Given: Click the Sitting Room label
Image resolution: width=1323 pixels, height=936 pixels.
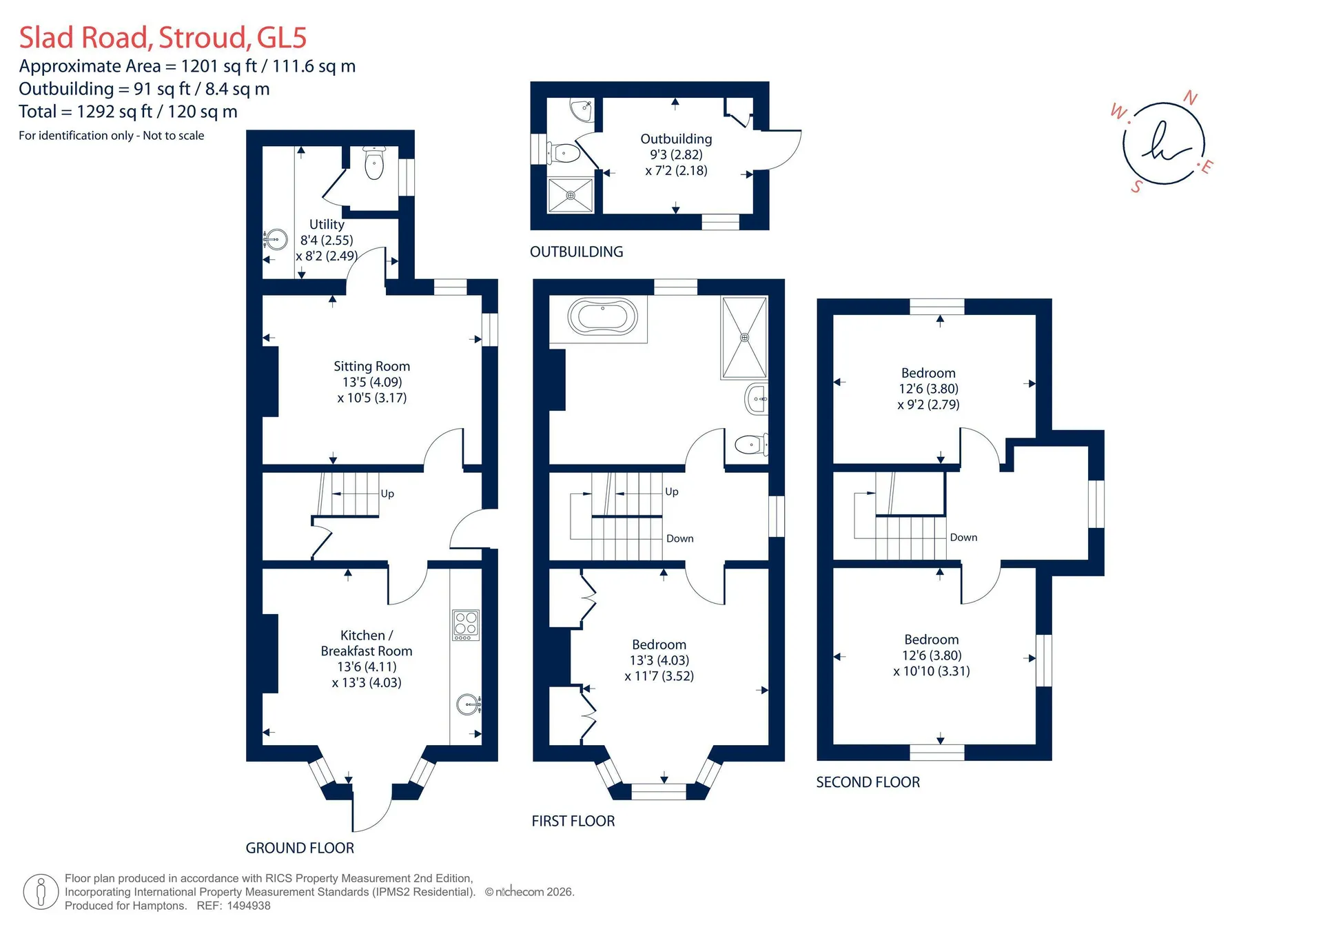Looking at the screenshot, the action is [371, 366].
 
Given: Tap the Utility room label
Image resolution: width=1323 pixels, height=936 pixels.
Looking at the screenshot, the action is [327, 224].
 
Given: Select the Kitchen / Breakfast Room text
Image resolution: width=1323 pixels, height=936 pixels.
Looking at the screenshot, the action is [367, 643].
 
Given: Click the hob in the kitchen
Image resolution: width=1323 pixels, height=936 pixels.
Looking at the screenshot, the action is [466, 625].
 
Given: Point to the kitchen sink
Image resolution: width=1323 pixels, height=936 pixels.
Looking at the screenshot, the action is [469, 704].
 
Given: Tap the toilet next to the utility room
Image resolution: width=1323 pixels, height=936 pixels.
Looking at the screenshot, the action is [373, 163].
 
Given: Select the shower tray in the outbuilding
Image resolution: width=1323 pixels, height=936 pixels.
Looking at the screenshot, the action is [571, 195].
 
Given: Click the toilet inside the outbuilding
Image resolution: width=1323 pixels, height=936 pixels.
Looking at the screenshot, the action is [564, 152].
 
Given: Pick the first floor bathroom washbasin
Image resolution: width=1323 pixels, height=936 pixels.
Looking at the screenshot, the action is [757, 399].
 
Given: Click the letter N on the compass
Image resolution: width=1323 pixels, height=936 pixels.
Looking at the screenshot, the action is [1190, 98].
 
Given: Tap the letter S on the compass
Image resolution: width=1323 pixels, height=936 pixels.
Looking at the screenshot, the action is [1136, 186].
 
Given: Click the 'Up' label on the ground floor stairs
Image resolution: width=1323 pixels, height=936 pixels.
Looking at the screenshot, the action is [387, 494].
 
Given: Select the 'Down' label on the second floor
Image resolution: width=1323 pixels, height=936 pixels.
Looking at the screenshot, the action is [963, 538].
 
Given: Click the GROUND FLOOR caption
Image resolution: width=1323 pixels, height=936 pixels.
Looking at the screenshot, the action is [300, 848].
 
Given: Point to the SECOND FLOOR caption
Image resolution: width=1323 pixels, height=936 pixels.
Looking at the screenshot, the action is [868, 782].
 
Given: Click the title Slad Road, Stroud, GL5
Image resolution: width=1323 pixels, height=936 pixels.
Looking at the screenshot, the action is [163, 37].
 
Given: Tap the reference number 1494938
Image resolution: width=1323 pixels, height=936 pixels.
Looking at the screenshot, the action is [249, 906].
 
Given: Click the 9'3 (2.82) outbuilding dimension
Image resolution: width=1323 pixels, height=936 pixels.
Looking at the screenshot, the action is [677, 154].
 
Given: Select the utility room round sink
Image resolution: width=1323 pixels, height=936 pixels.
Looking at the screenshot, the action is [276, 240].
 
